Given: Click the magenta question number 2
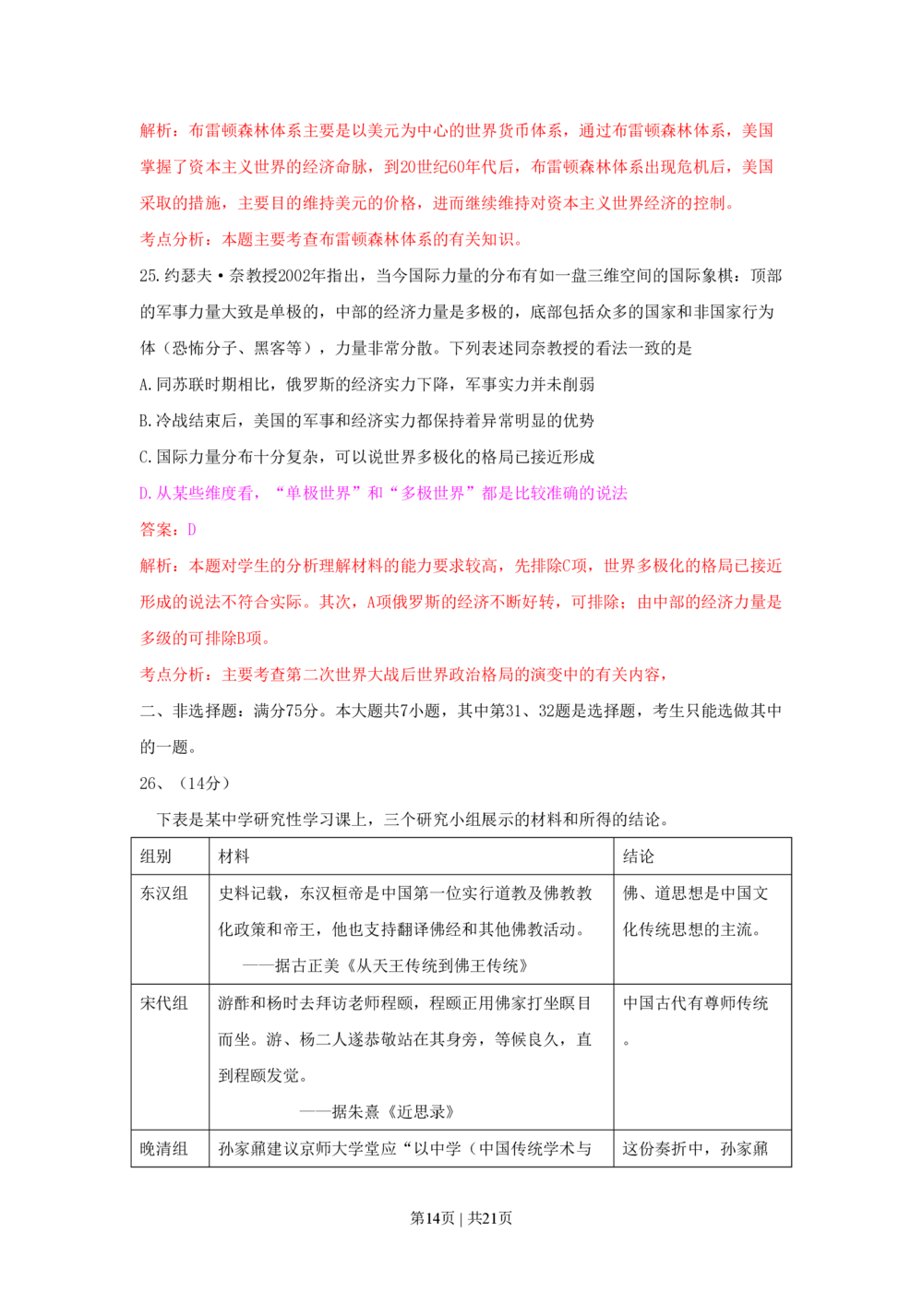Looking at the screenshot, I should click(x=141, y=493).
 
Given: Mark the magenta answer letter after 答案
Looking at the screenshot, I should click(x=190, y=530).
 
